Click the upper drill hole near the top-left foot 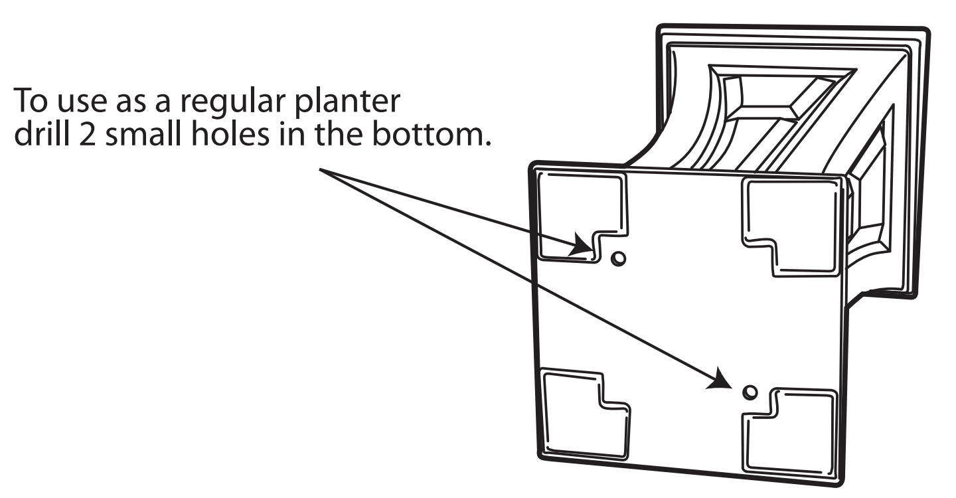pos(617,258)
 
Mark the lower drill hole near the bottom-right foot pos(750,392)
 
